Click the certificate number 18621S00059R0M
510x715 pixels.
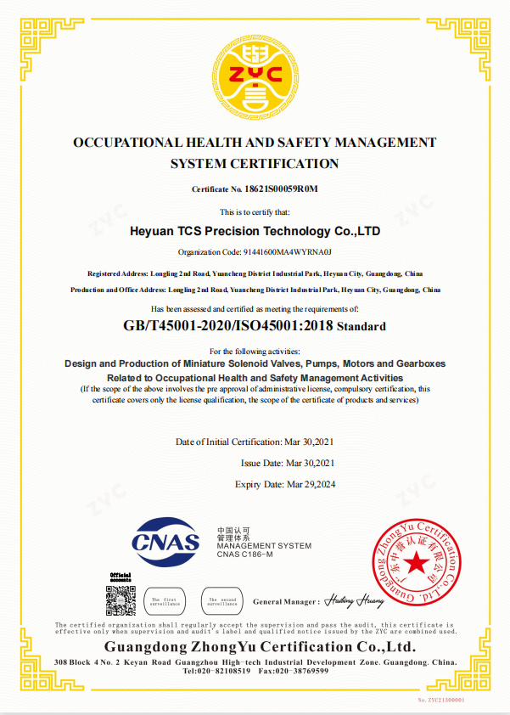click(280, 189)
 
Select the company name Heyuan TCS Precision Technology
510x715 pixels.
click(255, 231)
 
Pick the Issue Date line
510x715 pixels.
click(289, 463)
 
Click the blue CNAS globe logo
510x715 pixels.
click(166, 539)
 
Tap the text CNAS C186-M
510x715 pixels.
click(244, 555)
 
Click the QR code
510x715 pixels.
click(120, 600)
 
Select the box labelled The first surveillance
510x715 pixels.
click(165, 600)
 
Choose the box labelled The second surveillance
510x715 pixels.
click(223, 600)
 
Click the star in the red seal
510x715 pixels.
click(416, 562)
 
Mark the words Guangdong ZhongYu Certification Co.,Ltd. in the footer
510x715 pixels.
click(255, 647)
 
